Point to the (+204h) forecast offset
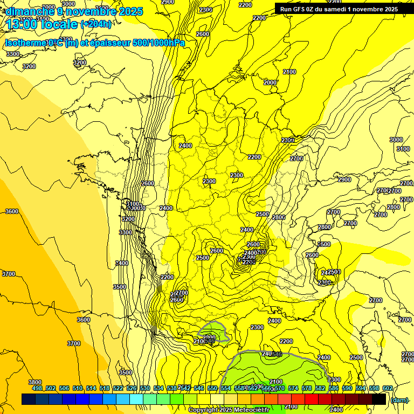pyautogui.click(x=96, y=24)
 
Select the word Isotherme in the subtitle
pyautogui.click(x=25, y=43)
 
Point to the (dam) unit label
pyautogui.click(x=398, y=399)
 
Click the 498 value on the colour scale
pyautogui.click(x=37, y=388)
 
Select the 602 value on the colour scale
pyautogui.click(x=388, y=388)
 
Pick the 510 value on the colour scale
pyautogui.click(x=77, y=388)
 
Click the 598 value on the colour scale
pyautogui.click(x=374, y=388)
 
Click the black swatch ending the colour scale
pyautogui.click(x=379, y=399)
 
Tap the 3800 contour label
pyautogui.click(x=35, y=382)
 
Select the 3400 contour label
pyautogui.click(x=122, y=263)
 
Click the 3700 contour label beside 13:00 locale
pyautogui.click(x=9, y=274)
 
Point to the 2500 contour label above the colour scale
pyautogui.click(x=356, y=357)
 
